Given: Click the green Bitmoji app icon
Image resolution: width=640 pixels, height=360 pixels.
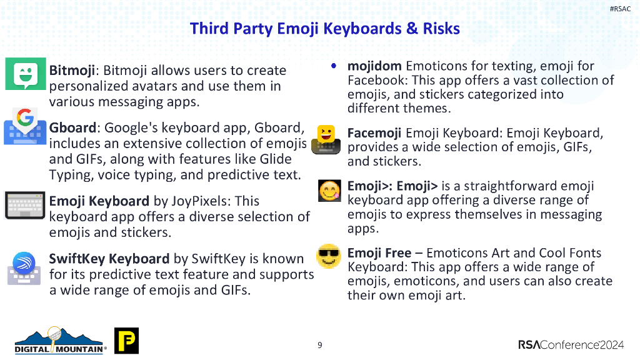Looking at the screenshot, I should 26,74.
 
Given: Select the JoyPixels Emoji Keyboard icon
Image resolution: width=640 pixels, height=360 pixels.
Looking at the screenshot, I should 25,205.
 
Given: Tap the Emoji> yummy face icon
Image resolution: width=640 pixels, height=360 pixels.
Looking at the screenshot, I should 329,191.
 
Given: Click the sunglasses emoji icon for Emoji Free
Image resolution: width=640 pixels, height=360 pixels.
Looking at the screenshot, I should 328,256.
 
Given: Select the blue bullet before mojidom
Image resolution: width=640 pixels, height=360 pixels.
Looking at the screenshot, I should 334,65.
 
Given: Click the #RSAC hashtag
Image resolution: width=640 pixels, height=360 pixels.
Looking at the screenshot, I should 620,8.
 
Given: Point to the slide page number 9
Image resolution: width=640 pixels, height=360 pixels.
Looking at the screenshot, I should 320,345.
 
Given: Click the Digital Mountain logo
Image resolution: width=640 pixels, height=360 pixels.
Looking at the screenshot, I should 60,341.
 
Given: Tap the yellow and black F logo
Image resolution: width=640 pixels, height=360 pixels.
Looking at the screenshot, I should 126,341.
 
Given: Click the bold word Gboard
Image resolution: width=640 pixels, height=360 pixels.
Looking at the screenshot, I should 72,128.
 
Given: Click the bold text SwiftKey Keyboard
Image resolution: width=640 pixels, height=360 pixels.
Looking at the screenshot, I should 109,259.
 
